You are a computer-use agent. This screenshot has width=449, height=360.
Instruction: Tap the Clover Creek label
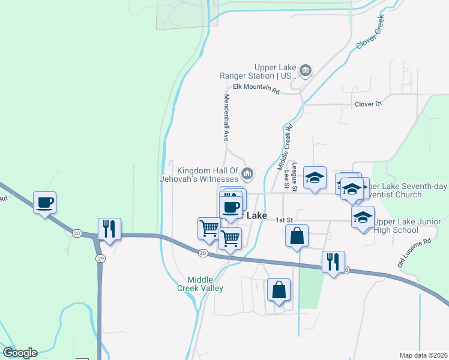pyautogui.click(x=371, y=33)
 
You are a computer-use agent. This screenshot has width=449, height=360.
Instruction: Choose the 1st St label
pyautogui.click(x=283, y=220)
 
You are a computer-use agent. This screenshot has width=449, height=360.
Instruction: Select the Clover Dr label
pyautogui.click(x=368, y=104)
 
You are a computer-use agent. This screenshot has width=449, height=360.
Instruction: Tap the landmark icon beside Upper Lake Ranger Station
pyautogui.click(x=306, y=72)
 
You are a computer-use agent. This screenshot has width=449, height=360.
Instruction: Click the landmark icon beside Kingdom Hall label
pyautogui.click(x=247, y=175)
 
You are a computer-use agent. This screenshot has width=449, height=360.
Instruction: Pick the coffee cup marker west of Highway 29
pyautogui.click(x=45, y=203)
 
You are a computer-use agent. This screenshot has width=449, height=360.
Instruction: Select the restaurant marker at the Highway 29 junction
pyautogui.click(x=109, y=229)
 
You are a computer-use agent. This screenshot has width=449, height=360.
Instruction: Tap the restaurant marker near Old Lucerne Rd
pyautogui.click(x=333, y=262)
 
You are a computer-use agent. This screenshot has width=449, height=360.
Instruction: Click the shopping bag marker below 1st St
pyautogui.click(x=297, y=236)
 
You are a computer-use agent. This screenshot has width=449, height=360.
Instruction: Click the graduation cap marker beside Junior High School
pyautogui.click(x=363, y=217)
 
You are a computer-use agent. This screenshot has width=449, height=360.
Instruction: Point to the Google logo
pyautogui.click(x=20, y=353)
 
